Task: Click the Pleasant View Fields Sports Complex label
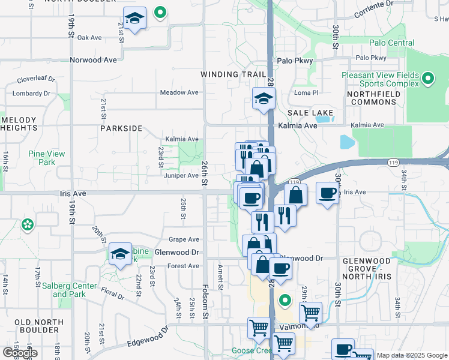point(379,79)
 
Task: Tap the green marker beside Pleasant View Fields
point(428,78)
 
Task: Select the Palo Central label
point(391,43)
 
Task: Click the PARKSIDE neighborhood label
point(121,128)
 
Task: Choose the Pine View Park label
point(46,158)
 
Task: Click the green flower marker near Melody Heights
point(27,225)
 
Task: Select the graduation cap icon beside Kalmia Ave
point(263,98)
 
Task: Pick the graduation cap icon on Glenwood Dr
point(120,255)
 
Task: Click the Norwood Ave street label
point(93,60)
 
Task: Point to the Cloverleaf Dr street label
point(36,79)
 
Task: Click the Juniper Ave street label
point(181,176)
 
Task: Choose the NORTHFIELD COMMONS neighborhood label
point(372,98)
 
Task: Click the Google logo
point(19,353)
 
